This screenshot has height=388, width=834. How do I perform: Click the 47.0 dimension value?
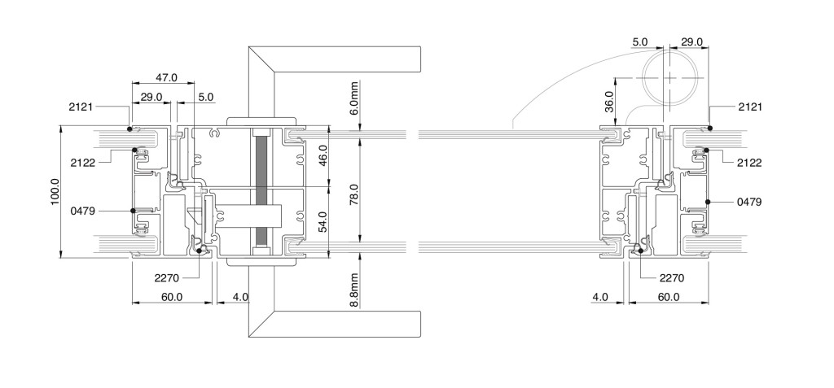pyautogui.click(x=166, y=77)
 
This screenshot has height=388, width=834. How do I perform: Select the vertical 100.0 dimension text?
pyautogui.click(x=56, y=193)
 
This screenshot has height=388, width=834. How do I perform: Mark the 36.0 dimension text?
pyautogui.click(x=608, y=101)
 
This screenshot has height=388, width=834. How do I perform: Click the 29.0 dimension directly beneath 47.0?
pyautogui.click(x=151, y=98)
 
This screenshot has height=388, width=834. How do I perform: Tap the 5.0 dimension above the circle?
pyautogui.click(x=640, y=41)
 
